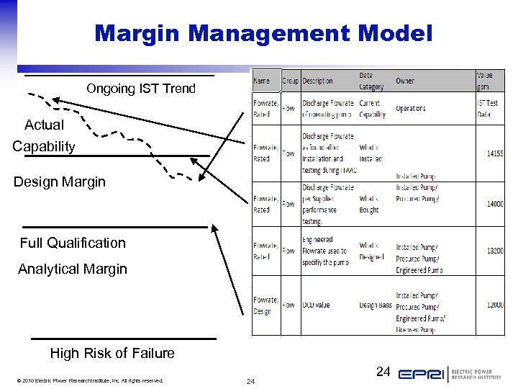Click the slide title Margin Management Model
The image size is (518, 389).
pos(263,33)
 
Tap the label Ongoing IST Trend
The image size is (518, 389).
pos(140,89)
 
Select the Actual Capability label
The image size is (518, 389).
pos(44,135)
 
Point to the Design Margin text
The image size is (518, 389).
pos(59,182)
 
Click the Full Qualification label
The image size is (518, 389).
pos(73,243)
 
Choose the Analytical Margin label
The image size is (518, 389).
pos(72,269)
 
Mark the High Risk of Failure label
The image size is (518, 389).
pos(112,353)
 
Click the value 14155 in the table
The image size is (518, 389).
pos(494,153)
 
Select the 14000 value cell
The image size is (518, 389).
pos(494,204)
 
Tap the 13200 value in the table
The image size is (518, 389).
pos(494,251)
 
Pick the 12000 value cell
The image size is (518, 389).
pos(494,305)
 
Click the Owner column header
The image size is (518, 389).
pos(405,81)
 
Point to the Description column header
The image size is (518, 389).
pos(317,81)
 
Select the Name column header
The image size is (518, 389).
pos(262,81)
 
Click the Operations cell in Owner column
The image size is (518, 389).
pos(411,109)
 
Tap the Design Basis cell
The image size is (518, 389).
pos(376,305)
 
